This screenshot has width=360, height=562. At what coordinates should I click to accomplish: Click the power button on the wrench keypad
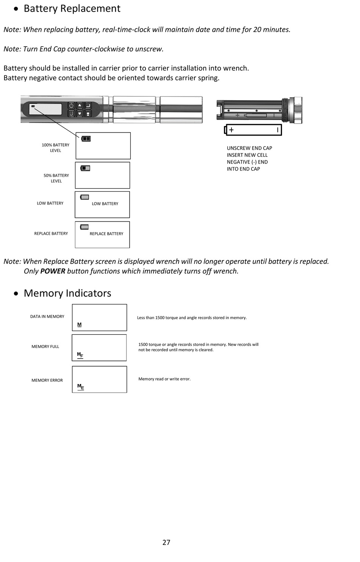click(x=71, y=106)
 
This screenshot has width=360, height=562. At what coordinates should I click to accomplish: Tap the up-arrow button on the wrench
click(x=80, y=106)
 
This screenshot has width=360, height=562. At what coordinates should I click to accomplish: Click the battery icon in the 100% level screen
click(x=86, y=139)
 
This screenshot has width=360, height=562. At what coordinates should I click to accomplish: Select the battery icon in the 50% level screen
click(x=85, y=168)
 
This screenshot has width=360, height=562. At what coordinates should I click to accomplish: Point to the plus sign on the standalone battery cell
click(x=231, y=130)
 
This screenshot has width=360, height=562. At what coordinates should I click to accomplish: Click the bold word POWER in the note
click(x=53, y=271)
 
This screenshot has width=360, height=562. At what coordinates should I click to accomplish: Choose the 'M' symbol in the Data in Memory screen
click(x=79, y=325)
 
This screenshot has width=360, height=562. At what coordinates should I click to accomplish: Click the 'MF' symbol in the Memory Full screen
click(x=80, y=355)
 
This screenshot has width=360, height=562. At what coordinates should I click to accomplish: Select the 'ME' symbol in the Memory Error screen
click(x=80, y=387)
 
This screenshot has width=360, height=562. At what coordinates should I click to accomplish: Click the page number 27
click(x=166, y=542)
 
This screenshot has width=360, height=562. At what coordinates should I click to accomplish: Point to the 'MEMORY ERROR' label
click(x=47, y=380)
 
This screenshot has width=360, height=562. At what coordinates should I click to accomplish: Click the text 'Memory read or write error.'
click(x=164, y=379)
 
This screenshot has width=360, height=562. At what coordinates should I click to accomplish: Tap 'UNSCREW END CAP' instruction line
click(x=249, y=148)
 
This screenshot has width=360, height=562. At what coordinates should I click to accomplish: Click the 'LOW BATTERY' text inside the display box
click(x=105, y=204)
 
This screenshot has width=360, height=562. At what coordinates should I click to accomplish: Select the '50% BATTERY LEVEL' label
click(x=56, y=178)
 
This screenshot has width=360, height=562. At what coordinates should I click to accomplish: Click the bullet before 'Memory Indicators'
click(x=16, y=293)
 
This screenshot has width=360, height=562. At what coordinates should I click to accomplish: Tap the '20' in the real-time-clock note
click(x=257, y=30)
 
